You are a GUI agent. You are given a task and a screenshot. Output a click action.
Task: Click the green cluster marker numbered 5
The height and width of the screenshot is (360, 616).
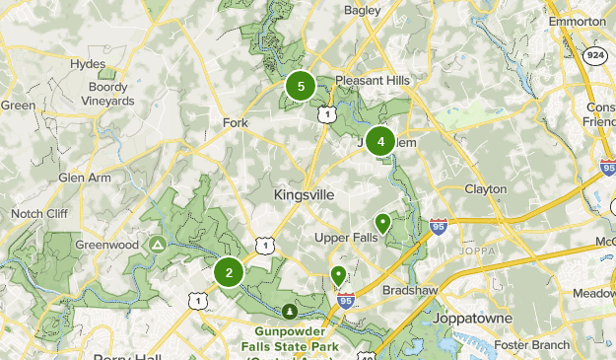[x=301, y=87]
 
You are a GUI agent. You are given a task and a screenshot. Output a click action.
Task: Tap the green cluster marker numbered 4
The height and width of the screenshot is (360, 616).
[x=380, y=141]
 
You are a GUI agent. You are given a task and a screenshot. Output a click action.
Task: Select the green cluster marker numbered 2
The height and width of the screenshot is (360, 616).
[x=229, y=273]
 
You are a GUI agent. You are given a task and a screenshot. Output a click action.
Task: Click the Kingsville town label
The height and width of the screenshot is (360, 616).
[x=306, y=194]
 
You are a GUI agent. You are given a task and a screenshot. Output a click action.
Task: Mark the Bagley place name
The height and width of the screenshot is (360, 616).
[x=363, y=10]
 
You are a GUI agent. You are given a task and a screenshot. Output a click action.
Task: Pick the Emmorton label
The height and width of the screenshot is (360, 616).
[x=576, y=21]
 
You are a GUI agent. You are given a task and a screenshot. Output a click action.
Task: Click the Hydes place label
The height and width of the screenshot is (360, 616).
[x=88, y=64]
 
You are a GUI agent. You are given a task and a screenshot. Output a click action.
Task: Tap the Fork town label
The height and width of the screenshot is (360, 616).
[x=235, y=122]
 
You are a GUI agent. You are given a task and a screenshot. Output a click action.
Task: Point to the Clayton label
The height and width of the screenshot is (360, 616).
[x=485, y=188]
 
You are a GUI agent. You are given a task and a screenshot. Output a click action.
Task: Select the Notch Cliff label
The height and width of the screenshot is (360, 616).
[x=39, y=213]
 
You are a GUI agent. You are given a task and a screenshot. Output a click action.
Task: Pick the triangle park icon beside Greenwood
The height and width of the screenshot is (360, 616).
[x=157, y=244]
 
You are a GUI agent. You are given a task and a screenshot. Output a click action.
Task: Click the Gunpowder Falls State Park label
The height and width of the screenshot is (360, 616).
[x=288, y=338]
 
